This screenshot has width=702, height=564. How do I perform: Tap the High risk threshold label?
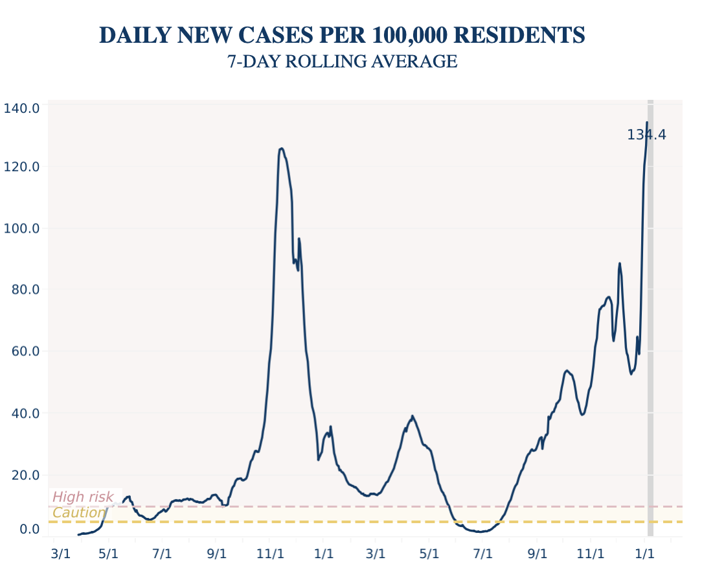tap(83, 497)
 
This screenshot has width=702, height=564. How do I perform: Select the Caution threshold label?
tap(78, 513)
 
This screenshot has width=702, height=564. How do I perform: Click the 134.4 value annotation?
tap(646, 135)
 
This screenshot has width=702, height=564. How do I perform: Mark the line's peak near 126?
tap(281, 148)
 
